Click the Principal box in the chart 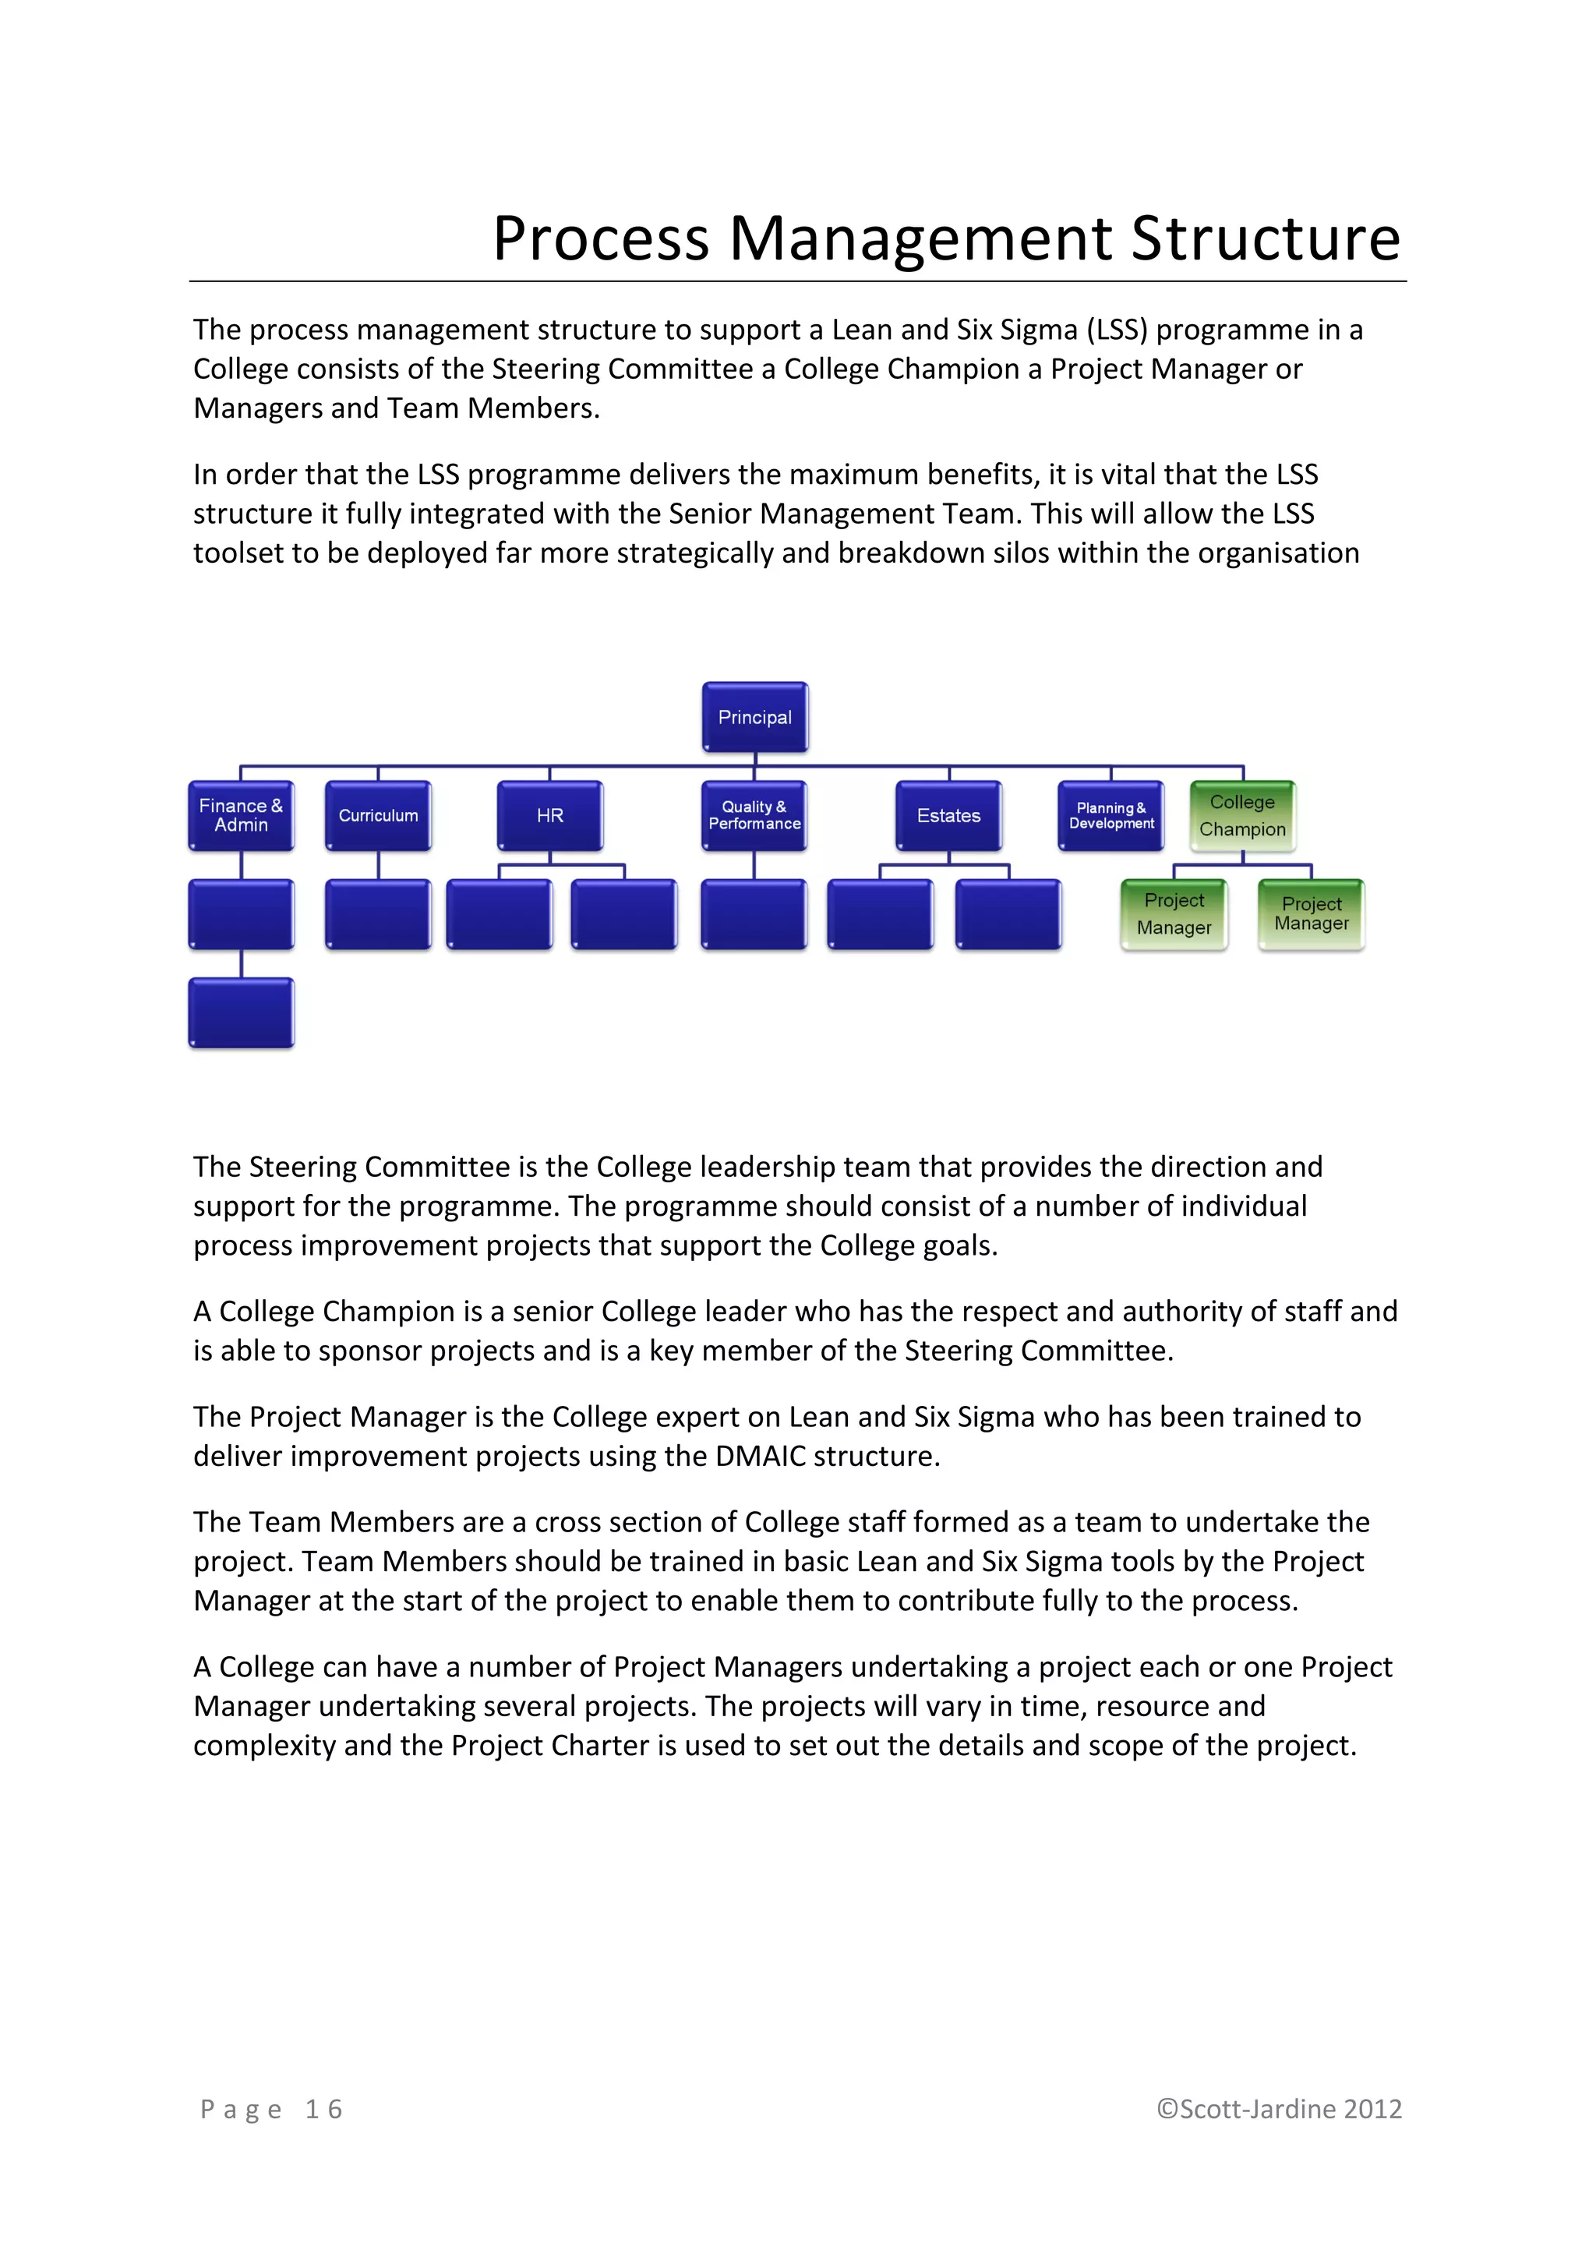(755, 718)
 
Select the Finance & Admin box (241, 816)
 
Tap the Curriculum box (379, 816)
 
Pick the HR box (550, 816)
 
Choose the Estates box (948, 816)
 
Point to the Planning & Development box (1111, 816)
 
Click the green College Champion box (1242, 816)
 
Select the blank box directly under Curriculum (379, 914)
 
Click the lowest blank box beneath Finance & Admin (241, 1012)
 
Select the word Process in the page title (601, 239)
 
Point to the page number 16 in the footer (323, 2110)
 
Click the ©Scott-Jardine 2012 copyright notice (1279, 2110)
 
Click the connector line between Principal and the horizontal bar (755, 759)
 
